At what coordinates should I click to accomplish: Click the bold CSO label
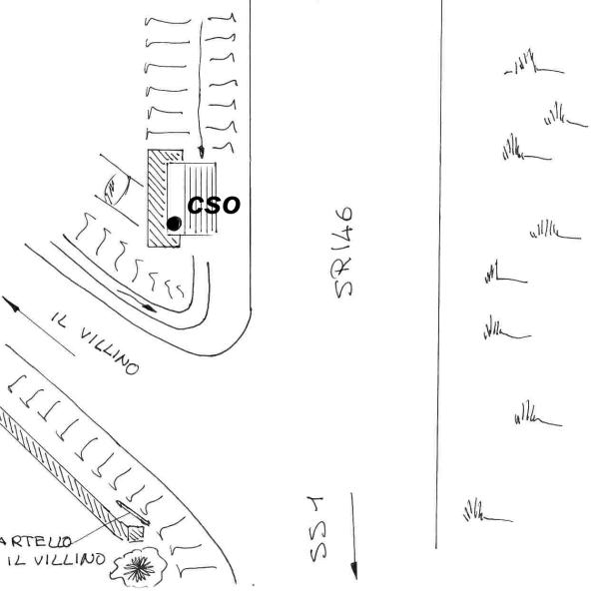tap(214, 205)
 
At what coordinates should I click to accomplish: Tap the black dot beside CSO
tap(174, 224)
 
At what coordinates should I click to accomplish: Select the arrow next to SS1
tap(352, 534)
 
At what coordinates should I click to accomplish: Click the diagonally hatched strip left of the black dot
tap(158, 200)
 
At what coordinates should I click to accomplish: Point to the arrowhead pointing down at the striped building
tap(201, 149)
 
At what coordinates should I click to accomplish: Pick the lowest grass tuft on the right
tap(484, 512)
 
